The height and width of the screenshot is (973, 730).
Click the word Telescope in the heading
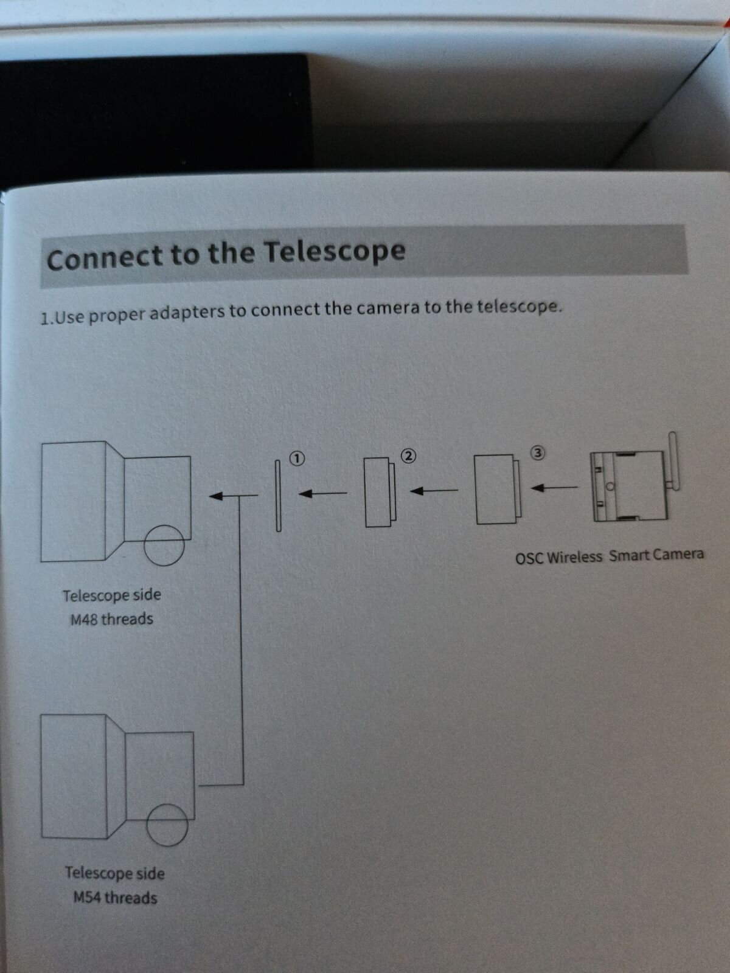(x=335, y=252)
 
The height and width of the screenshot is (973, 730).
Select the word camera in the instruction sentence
(x=388, y=308)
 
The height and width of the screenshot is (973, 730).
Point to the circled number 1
(x=296, y=458)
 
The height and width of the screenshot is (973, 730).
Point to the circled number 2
(x=409, y=455)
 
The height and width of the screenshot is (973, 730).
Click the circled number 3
(x=538, y=452)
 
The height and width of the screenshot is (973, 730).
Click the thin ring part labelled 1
(x=279, y=495)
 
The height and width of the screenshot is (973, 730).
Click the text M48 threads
(x=112, y=619)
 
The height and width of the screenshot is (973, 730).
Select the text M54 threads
(x=115, y=898)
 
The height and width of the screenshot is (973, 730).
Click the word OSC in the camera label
(x=528, y=558)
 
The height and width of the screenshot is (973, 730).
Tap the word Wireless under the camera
(x=574, y=557)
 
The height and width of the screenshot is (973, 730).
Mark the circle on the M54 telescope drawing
(x=167, y=824)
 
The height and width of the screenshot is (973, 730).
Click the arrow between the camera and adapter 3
(x=554, y=487)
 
